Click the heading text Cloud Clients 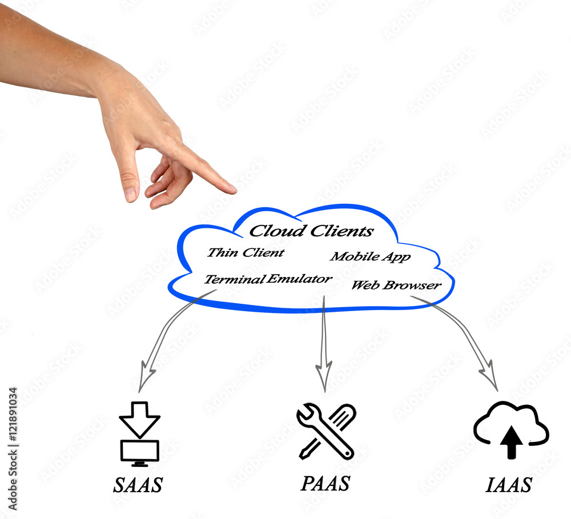click(x=311, y=231)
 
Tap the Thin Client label click(x=246, y=252)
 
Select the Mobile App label click(x=371, y=257)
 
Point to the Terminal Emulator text click(x=268, y=279)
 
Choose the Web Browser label click(x=396, y=285)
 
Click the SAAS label click(x=138, y=485)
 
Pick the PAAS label click(x=325, y=484)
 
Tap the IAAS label click(x=509, y=485)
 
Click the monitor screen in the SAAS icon click(x=140, y=451)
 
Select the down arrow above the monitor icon click(x=139, y=420)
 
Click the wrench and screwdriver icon click(x=326, y=431)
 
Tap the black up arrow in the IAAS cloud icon click(x=511, y=442)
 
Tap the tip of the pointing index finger click(x=235, y=190)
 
